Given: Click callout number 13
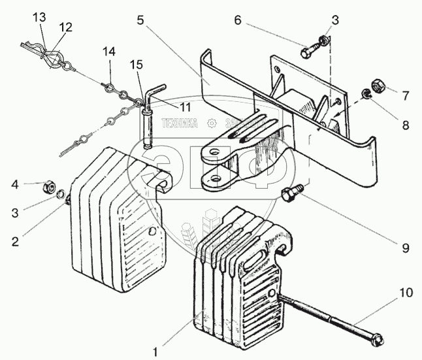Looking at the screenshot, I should (x=40, y=16).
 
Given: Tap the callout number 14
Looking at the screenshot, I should (x=109, y=51).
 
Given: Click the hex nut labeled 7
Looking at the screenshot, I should (x=378, y=86).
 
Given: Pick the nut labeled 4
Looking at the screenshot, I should (x=48, y=187).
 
